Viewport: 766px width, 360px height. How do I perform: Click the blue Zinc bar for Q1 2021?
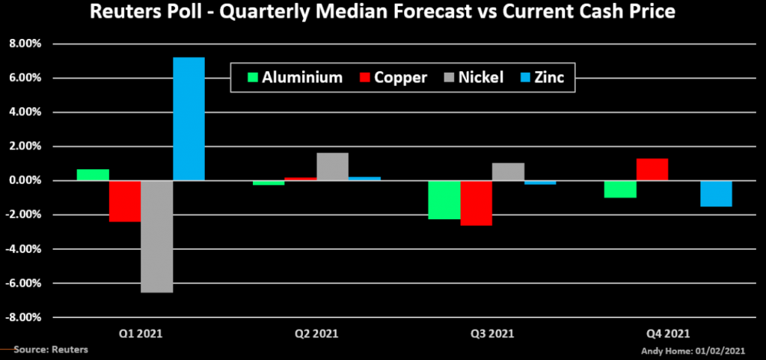[x=189, y=119]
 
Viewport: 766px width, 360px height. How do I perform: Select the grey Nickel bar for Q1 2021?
[x=156, y=237]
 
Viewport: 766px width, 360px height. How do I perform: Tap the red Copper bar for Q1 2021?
[x=124, y=201]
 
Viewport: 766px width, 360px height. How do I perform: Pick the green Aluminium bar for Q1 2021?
[x=93, y=175]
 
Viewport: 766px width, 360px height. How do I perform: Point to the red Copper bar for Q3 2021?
[x=476, y=203]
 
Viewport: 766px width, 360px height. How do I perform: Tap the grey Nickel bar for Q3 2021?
[x=508, y=172]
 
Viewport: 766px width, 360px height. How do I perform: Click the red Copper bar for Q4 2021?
[x=652, y=170]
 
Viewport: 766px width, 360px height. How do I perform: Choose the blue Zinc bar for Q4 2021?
[x=716, y=194]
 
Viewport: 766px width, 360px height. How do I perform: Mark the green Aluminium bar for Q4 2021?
[x=619, y=189]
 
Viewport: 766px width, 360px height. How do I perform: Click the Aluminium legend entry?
[x=296, y=78]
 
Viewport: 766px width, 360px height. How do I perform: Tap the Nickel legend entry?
[x=471, y=78]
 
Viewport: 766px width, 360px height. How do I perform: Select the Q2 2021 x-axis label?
[x=316, y=333]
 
